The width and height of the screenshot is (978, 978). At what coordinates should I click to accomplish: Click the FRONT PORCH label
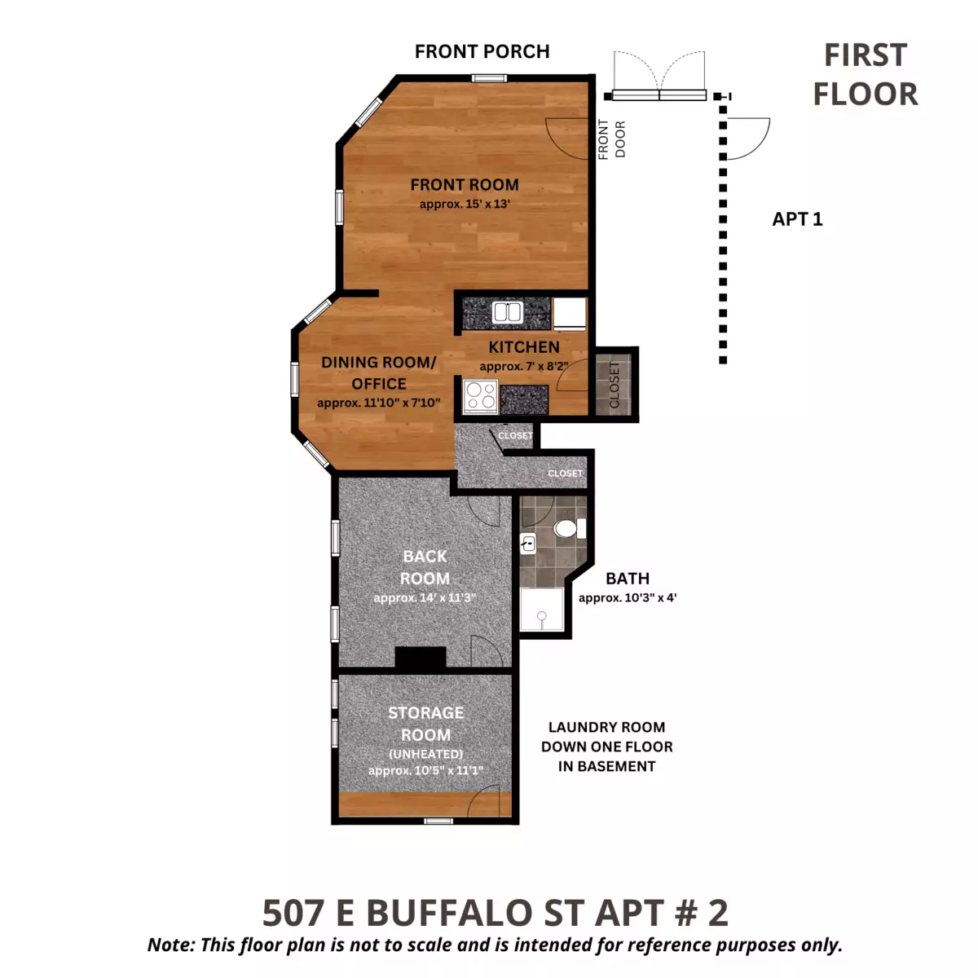[x=482, y=51]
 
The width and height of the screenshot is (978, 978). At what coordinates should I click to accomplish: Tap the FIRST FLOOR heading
[x=866, y=75]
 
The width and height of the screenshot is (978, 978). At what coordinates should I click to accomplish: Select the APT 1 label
[x=797, y=219]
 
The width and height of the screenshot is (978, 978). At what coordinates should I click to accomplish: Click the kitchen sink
[x=508, y=312]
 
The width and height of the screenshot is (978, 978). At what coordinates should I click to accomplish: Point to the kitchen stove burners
[x=481, y=396]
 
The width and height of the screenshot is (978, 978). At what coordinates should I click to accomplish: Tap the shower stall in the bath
[x=541, y=609]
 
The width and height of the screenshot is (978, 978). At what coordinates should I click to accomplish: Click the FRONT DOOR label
[x=611, y=139]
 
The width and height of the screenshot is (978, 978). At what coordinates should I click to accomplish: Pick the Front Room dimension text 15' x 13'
[x=465, y=204]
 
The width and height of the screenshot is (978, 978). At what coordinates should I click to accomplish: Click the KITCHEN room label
[x=524, y=347]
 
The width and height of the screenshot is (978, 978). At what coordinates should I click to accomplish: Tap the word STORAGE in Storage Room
[x=425, y=713]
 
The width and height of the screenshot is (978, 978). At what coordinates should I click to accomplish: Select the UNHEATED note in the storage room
[x=425, y=754]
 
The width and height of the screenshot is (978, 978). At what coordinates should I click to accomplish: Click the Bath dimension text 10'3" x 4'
[x=628, y=598]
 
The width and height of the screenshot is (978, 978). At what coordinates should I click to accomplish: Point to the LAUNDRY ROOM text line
[x=606, y=727]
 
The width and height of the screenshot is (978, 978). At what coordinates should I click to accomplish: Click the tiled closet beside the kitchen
[x=614, y=384]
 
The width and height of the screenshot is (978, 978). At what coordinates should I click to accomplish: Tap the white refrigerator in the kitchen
[x=570, y=313]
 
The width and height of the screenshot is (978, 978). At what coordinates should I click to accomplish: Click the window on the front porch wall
[x=489, y=78]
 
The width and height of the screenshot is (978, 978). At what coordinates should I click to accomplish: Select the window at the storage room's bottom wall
[x=438, y=822]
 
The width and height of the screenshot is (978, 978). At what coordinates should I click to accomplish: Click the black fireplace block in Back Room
[x=421, y=657]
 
